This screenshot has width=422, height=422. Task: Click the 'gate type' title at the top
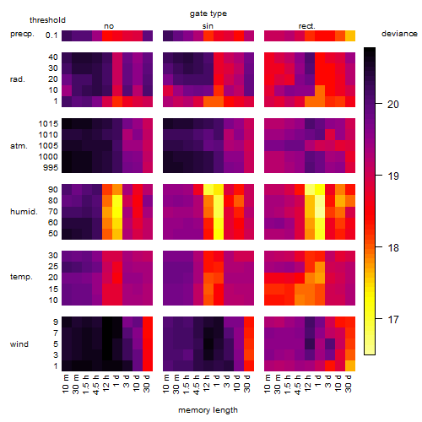[x=208, y=14]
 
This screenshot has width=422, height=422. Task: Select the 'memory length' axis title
[x=208, y=410]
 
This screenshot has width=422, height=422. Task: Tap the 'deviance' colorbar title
[x=399, y=34]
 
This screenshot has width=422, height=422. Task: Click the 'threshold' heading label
[x=47, y=20]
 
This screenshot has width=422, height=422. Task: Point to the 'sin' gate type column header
[x=208, y=26]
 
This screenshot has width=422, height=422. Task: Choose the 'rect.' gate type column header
[x=306, y=26]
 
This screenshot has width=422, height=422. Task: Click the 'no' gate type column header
[x=109, y=26]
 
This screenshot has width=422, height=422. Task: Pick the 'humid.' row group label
[x=24, y=212]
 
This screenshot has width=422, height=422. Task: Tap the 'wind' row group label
[x=19, y=344]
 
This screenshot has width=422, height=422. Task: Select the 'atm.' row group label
[x=19, y=146]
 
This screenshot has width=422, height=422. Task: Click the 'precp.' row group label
[x=22, y=35]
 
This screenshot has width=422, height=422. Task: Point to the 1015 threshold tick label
[x=48, y=124]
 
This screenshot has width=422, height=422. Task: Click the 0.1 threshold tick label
[x=51, y=35]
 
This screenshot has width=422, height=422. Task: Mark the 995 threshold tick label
[x=51, y=168]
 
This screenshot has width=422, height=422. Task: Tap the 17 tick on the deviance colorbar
[x=393, y=320]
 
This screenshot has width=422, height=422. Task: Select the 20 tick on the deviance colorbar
[x=393, y=105]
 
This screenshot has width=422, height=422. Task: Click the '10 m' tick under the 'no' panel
[x=65, y=384]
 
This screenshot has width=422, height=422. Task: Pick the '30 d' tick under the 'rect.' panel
[x=349, y=384]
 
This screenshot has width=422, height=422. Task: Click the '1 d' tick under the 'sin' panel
[x=217, y=381]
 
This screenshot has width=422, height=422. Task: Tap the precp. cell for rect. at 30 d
[x=350, y=35]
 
